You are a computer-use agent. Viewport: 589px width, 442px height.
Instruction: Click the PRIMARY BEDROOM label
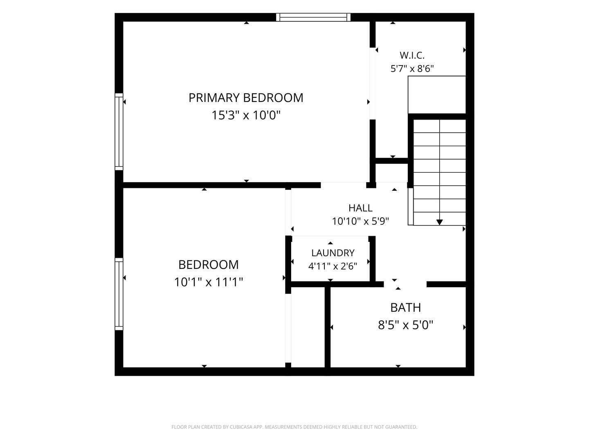tap(246, 98)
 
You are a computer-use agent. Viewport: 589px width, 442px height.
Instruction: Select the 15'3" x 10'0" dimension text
tap(246, 115)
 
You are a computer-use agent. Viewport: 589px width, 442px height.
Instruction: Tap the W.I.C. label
tap(412, 55)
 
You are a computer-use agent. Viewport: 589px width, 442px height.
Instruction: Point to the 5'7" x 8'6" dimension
tap(412, 69)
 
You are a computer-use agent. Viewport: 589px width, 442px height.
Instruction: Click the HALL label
tap(360, 208)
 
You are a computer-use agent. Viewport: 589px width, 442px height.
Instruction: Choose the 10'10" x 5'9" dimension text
tap(360, 221)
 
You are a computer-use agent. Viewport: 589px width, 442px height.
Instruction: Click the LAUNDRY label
tap(333, 253)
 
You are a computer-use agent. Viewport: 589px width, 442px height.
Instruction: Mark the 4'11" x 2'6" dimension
tap(333, 266)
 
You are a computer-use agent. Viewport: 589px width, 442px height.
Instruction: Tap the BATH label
tap(405, 308)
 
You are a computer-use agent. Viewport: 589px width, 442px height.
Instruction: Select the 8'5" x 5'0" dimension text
tap(405, 325)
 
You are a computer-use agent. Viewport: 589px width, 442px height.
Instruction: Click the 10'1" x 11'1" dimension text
tap(209, 282)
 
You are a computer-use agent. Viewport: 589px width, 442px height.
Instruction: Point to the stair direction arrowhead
tap(439, 222)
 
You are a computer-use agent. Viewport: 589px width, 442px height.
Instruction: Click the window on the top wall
tap(313, 17)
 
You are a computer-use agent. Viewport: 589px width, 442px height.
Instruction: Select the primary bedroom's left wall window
tap(119, 131)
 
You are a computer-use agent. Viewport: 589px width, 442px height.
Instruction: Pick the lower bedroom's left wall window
tap(119, 294)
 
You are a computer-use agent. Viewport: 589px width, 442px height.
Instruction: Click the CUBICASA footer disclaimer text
tap(294, 427)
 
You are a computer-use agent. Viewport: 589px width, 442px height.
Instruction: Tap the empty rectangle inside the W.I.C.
tap(436, 95)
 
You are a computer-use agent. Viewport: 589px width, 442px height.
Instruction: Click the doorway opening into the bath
tap(405, 284)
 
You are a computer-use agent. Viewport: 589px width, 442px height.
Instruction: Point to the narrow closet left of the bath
tap(308, 327)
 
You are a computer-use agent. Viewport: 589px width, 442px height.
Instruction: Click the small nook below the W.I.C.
tap(391, 173)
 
